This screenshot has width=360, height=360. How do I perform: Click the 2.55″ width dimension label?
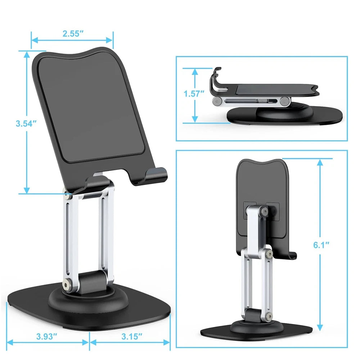coord(73,34)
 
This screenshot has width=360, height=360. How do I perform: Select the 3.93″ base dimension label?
coord(47,337)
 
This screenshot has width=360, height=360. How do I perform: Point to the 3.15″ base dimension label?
coord(130,337)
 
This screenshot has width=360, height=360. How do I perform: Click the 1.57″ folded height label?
coord(194,94)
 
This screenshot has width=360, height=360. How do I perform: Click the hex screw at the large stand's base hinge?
coord(66,284)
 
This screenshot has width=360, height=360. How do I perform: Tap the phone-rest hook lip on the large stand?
coord(158,175)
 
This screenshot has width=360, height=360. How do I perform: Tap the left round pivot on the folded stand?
coord(217,102)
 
